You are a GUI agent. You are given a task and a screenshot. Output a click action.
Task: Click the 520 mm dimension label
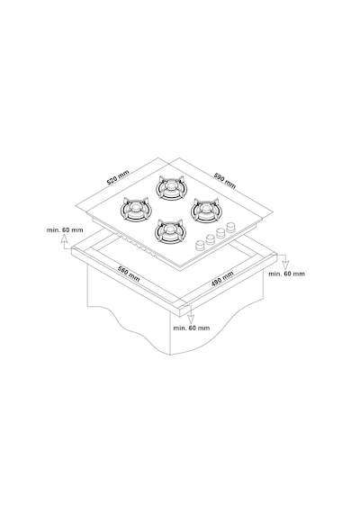[x=118, y=177]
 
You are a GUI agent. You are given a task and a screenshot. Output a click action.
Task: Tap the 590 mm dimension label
[x=225, y=181]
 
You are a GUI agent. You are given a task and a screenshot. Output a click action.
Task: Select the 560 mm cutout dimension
[x=129, y=274]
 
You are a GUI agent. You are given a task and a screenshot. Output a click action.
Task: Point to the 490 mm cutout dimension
[x=222, y=279]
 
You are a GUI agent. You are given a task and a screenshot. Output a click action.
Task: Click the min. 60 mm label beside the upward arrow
[x=65, y=230]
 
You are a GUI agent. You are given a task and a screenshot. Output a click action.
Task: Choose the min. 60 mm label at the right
[x=287, y=274]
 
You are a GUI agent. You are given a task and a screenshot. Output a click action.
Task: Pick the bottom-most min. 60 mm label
[x=192, y=328]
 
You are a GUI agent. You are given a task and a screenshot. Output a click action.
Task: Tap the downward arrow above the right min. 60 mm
[x=285, y=263]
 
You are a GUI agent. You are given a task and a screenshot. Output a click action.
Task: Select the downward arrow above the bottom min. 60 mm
[x=191, y=316]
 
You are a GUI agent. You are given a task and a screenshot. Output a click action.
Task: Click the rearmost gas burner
[x=170, y=188]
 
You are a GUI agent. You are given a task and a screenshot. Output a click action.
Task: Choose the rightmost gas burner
[x=205, y=210]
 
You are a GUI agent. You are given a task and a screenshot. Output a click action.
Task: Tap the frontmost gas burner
[x=170, y=231]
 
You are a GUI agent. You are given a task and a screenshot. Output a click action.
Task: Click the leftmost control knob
[x=200, y=245]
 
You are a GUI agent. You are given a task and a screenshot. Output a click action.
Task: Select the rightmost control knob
[x=231, y=227]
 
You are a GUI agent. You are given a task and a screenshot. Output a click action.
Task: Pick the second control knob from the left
[x=211, y=239]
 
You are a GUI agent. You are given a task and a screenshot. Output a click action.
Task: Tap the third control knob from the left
[x=220, y=233]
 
